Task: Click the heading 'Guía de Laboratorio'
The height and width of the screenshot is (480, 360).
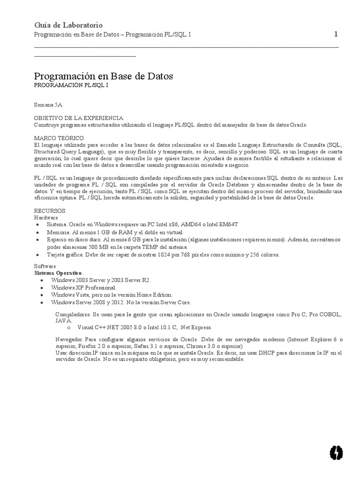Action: coord(68,25)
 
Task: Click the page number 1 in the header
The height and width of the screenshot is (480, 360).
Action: coord(336,34)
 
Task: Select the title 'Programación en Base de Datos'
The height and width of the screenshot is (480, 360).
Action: coord(104,75)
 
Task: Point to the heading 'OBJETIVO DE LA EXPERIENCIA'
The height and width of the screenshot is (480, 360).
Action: coord(79,118)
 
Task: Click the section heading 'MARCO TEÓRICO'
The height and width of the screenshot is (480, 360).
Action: coord(59,138)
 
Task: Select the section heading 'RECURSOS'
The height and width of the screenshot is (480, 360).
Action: coord(50,211)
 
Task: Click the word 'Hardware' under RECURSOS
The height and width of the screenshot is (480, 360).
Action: coord(46,217)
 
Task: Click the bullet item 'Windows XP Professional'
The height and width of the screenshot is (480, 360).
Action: coord(83,287)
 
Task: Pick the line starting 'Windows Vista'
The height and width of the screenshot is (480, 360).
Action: coord(112,294)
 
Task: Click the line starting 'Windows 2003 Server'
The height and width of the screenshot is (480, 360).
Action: coord(101,280)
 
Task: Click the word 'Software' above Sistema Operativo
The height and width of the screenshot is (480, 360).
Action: coord(45,265)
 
